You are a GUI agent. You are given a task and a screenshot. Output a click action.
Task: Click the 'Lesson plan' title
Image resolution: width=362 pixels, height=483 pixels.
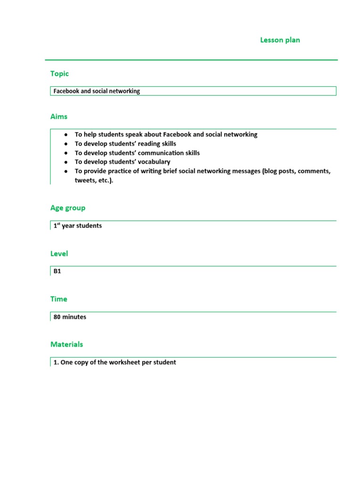pyautogui.click(x=280, y=40)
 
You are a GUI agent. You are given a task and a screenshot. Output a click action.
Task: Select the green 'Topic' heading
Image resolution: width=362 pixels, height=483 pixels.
pyautogui.click(x=59, y=74)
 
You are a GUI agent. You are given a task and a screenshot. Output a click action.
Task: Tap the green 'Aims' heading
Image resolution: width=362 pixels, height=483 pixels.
pyautogui.click(x=59, y=117)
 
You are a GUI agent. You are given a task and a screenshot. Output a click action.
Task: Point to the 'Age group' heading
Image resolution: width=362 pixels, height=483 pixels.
pyautogui.click(x=68, y=208)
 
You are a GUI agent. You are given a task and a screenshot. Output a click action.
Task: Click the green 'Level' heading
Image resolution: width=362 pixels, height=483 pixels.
pyautogui.click(x=59, y=254)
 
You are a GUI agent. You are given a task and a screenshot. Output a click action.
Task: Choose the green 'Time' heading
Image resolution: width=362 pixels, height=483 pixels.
pyautogui.click(x=59, y=299)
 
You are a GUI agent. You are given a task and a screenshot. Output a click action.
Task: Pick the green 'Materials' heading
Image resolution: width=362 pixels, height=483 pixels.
pyautogui.click(x=66, y=344)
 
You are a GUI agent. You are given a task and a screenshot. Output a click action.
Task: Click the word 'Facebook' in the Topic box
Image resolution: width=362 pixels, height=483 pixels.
pyautogui.click(x=66, y=91)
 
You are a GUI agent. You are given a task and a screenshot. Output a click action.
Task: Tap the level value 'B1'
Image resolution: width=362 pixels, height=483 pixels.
pyautogui.click(x=58, y=271)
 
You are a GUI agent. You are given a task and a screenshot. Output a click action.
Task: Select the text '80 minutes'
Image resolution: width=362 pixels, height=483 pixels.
pyautogui.click(x=70, y=317)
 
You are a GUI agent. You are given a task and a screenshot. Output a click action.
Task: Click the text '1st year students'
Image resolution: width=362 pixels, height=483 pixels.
pyautogui.click(x=77, y=226)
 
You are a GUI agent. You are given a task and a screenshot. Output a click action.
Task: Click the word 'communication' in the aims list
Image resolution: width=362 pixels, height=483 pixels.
pyautogui.click(x=158, y=153)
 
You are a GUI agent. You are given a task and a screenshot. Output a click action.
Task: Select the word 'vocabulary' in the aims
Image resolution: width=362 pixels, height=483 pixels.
pyautogui.click(x=154, y=162)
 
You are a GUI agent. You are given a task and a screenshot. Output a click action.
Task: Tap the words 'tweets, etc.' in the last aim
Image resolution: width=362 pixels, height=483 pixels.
pyautogui.click(x=94, y=180)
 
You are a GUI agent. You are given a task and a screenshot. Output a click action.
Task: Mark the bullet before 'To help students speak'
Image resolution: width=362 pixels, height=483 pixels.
pyautogui.click(x=66, y=135)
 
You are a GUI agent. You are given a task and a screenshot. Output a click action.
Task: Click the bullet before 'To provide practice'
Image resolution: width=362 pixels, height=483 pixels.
pyautogui.click(x=66, y=171)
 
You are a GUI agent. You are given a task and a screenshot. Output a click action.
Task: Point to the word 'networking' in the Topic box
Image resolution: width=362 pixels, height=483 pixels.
pyautogui.click(x=124, y=91)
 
